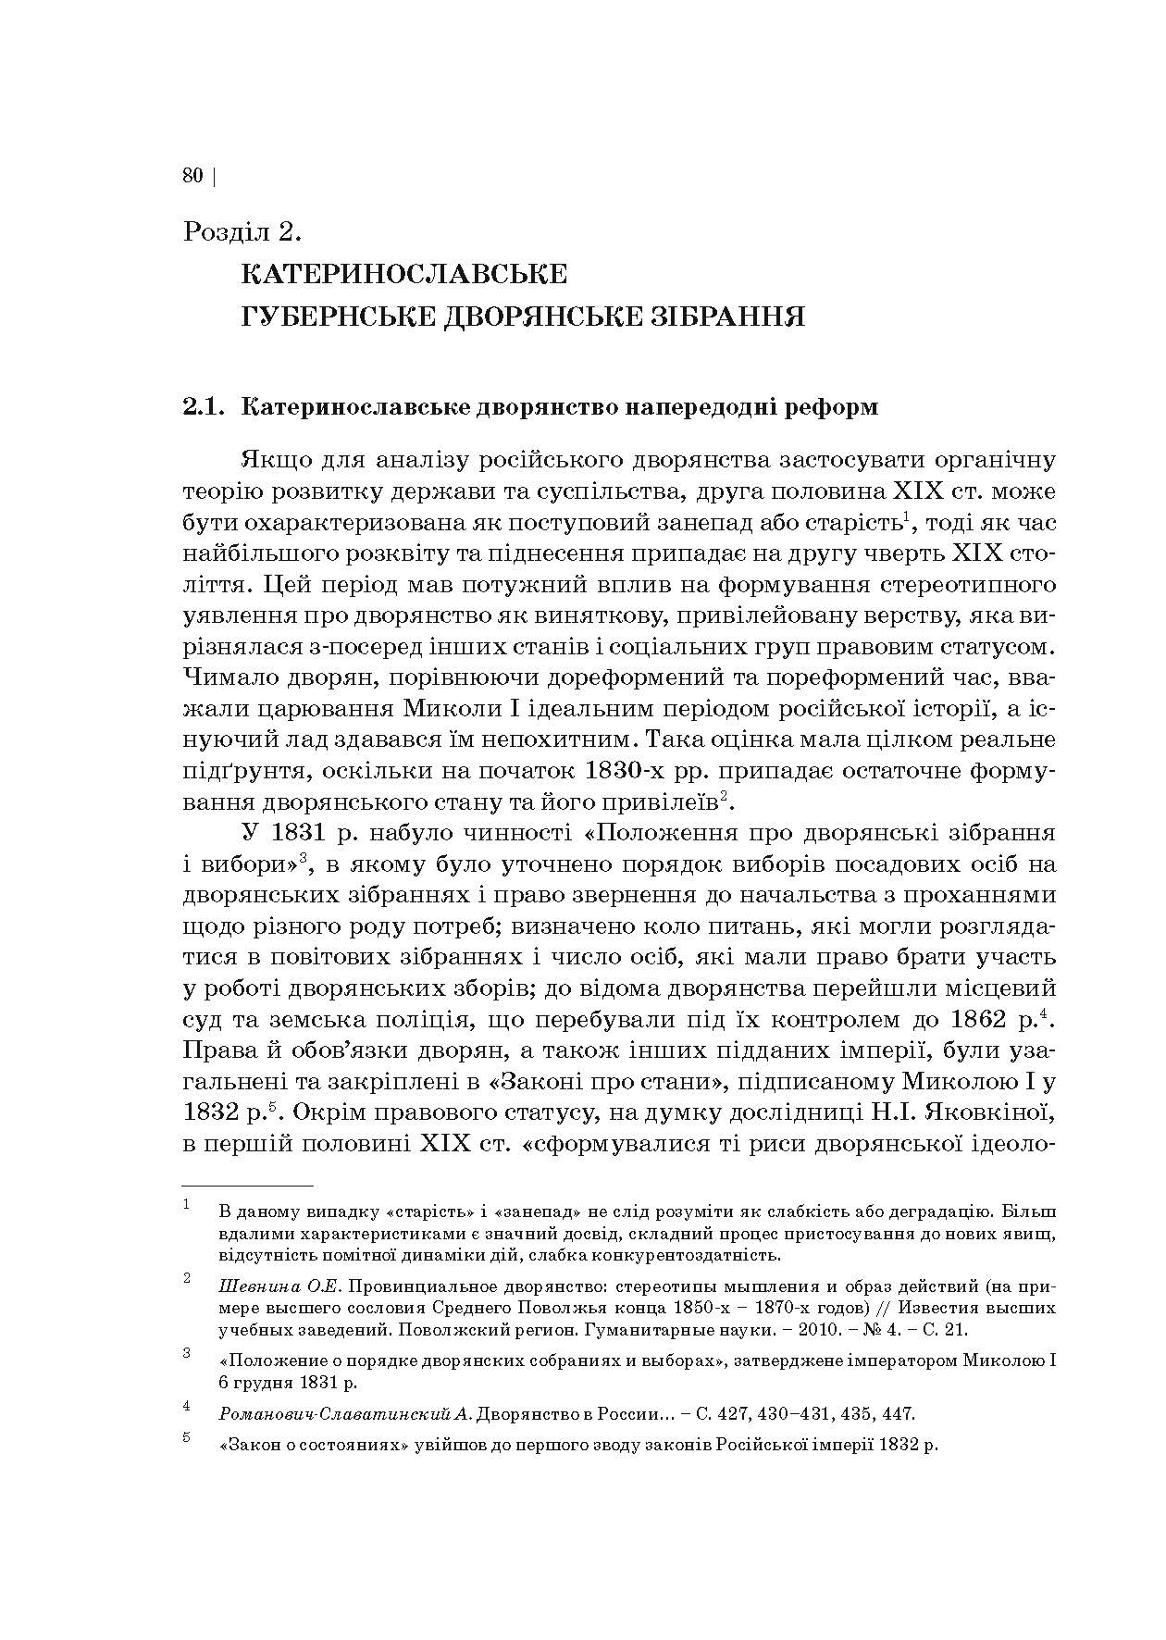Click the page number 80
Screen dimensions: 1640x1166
pos(192,176)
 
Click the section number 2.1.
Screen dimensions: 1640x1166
pos(205,407)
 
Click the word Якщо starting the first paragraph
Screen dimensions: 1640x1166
pos(272,460)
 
